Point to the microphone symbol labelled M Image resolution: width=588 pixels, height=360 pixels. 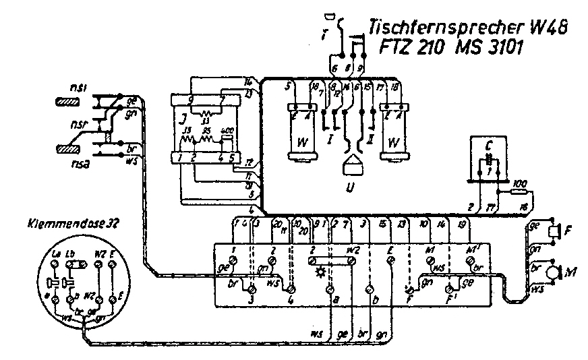[554, 272]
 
